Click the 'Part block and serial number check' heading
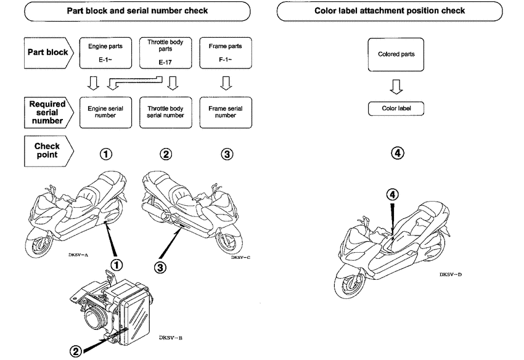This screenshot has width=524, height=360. tap(137, 10)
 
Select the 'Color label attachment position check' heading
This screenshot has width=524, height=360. tap(390, 10)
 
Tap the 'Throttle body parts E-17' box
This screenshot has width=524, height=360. tap(165, 54)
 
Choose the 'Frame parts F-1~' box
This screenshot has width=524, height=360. tap(226, 54)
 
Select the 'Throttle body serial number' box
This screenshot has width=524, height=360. tap(165, 112)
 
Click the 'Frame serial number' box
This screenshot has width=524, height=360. tap(226, 112)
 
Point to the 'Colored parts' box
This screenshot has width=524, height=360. tap(396, 54)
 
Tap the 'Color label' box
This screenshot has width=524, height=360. tap(396, 108)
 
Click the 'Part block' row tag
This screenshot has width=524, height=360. tap(48, 52)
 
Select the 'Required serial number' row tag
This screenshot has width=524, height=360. tap(48, 112)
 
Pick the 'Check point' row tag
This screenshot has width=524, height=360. tap(48, 150)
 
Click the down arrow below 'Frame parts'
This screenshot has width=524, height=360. tap(226, 83)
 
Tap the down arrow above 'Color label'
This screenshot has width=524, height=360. tap(396, 87)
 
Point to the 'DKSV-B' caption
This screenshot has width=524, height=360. tap(170, 337)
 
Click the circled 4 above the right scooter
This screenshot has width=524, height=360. tap(392, 194)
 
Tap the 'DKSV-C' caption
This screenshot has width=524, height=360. tap(240, 257)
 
